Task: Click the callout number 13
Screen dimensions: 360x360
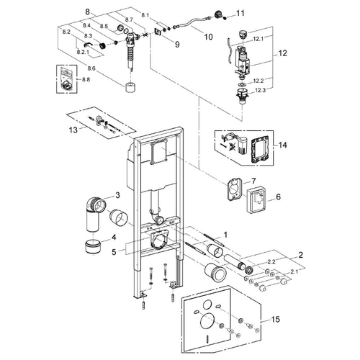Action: [x=73, y=130]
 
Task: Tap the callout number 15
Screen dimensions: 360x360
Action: [x=275, y=319]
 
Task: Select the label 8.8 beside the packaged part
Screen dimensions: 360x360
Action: [x=86, y=79]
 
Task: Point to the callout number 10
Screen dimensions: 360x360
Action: [x=208, y=37]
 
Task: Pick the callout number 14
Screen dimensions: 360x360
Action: [x=282, y=145]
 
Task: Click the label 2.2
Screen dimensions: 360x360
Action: [x=270, y=261]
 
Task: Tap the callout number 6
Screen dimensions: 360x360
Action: [x=278, y=197]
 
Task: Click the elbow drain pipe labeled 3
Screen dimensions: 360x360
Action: [x=95, y=210]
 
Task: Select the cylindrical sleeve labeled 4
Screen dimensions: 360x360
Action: [x=93, y=246]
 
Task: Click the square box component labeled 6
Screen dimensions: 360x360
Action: [x=256, y=200]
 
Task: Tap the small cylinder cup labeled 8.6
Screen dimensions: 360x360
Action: [x=131, y=87]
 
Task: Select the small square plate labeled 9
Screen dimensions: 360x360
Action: [x=158, y=32]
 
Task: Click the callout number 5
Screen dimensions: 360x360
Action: [x=114, y=252]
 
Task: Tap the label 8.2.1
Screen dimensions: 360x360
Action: [x=83, y=52]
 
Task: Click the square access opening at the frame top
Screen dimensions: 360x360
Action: [x=159, y=152]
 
